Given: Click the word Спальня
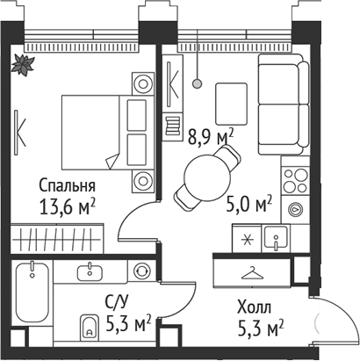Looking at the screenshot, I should tap(66, 186).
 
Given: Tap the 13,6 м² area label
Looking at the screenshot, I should tap(68, 207).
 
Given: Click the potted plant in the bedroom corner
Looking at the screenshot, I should tap(23, 63).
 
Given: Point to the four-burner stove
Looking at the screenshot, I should tap(294, 180).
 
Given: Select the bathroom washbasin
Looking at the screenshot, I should tap(90, 271).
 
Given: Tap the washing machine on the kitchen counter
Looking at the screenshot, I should tap(295, 209).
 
